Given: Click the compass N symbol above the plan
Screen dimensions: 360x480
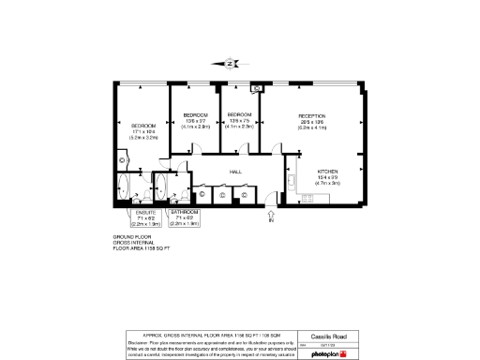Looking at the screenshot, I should pos(230,65).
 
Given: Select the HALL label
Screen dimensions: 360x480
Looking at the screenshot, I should pos(236,172).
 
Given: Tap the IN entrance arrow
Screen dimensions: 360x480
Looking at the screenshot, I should pos(272,217).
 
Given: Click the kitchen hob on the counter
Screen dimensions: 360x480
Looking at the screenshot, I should pos(307,196).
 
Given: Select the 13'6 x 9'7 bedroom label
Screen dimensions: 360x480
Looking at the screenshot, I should pos(194,118).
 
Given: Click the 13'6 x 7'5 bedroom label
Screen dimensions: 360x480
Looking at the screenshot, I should pos(240,118).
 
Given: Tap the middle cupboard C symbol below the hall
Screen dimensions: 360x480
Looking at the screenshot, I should pos(222,195).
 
